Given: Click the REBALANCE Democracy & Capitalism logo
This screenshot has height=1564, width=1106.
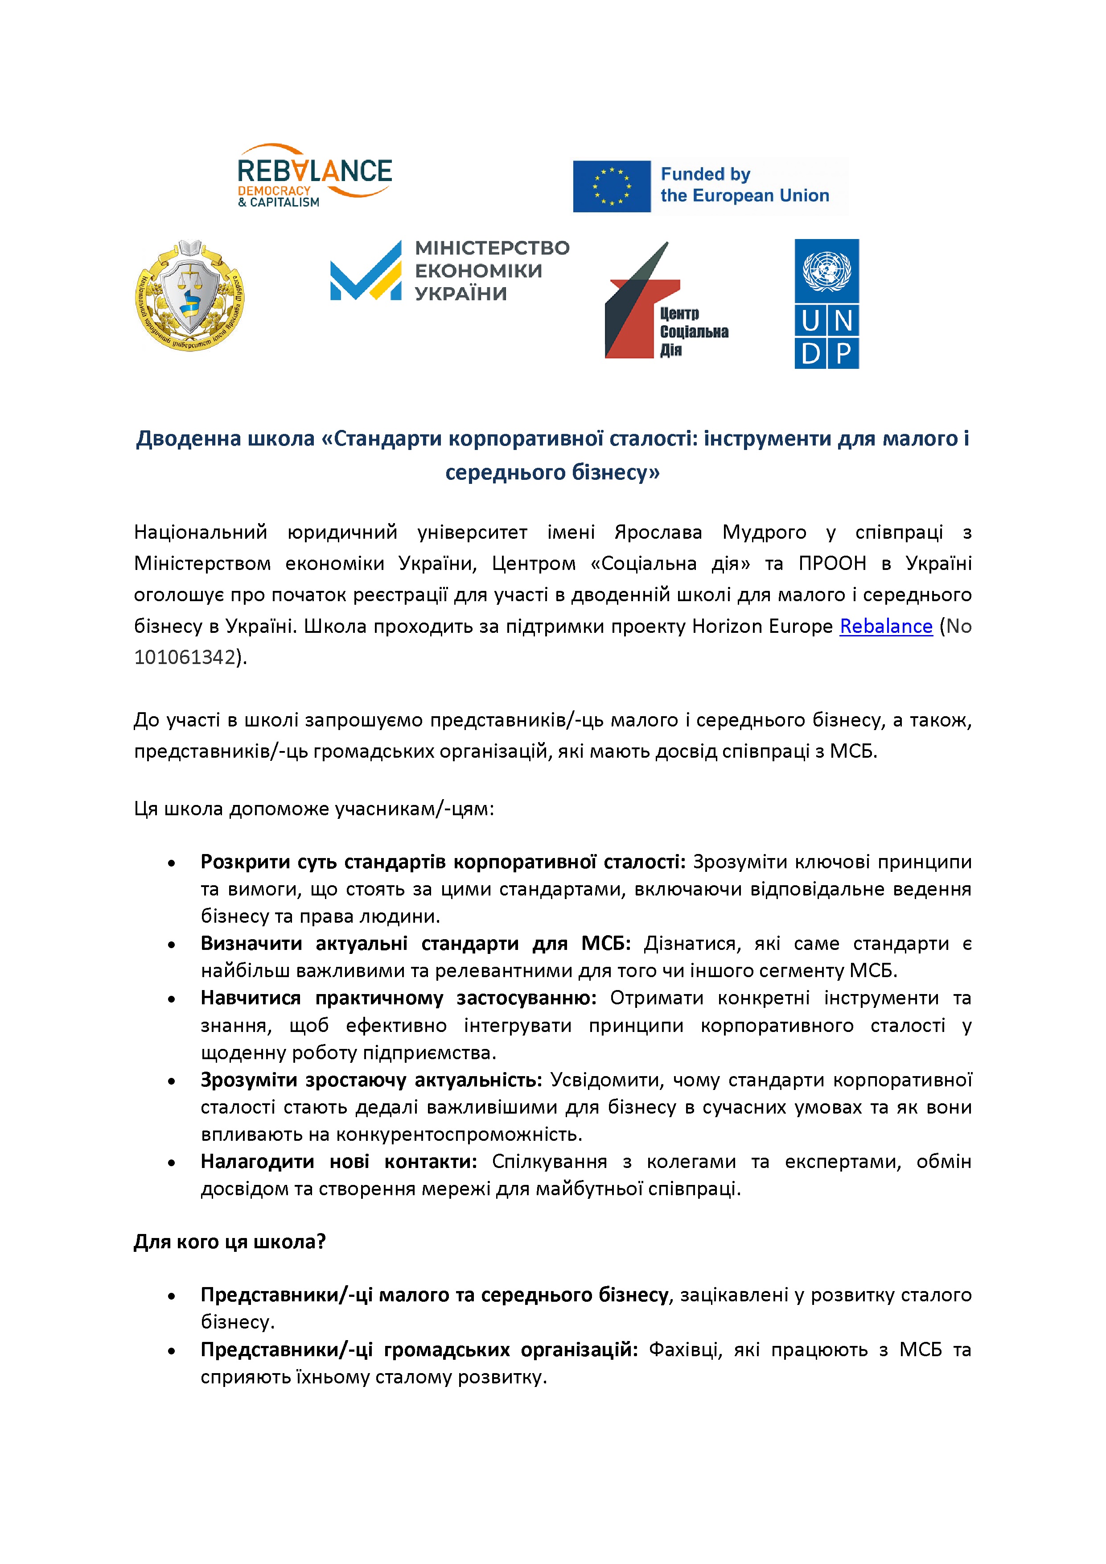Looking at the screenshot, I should coord(315,175).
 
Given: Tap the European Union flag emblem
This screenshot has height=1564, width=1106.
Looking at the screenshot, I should coord(612,186).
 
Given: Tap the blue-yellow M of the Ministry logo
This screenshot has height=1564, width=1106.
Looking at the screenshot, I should coord(366,272).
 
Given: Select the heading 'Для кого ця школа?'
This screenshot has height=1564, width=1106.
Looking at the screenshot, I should coord(230,1242).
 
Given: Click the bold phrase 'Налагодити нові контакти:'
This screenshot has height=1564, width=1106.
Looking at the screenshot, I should coord(338,1161).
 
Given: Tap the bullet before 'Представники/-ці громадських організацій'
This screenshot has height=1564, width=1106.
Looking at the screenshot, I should coord(172,1351).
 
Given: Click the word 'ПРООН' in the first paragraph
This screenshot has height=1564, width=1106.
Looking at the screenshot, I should coord(832,563).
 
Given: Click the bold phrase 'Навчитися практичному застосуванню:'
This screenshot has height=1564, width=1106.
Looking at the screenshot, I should coord(399,998).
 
